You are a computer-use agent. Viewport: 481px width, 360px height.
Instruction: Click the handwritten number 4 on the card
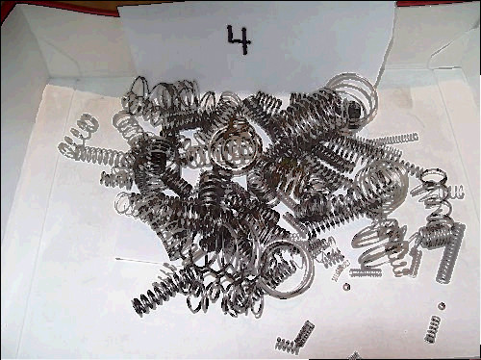tap(239, 39)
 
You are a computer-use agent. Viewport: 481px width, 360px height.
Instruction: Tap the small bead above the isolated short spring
tap(442, 306)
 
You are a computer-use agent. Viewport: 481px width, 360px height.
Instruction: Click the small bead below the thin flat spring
tap(346, 286)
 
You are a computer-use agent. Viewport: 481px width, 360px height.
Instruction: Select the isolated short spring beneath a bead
tap(432, 329)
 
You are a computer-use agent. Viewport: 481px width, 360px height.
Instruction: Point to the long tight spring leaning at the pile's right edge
tap(450, 254)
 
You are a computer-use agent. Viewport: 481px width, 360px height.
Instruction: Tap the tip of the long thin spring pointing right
tap(417, 137)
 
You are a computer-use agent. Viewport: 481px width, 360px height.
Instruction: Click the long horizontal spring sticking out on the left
tap(96, 153)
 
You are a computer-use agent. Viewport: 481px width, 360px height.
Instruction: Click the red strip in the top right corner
tap(439, 3)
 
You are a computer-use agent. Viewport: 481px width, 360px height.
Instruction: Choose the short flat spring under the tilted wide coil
tap(366, 272)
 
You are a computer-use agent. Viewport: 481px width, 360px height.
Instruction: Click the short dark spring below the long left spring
tap(117, 180)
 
